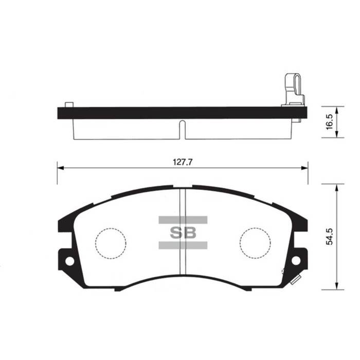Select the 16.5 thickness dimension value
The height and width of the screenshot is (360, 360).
[x=330, y=122]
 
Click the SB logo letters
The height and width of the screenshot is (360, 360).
[x=183, y=232]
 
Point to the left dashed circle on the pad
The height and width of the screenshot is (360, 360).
[x=110, y=242]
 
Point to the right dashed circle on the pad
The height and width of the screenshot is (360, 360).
[x=256, y=242]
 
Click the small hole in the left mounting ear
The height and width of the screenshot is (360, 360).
[x=68, y=260]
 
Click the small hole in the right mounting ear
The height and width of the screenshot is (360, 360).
[x=297, y=260]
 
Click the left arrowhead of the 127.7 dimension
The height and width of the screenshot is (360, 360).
[x=60, y=168]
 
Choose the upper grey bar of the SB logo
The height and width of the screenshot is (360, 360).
[x=183, y=220]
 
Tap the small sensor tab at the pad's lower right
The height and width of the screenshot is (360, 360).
[x=295, y=281]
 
